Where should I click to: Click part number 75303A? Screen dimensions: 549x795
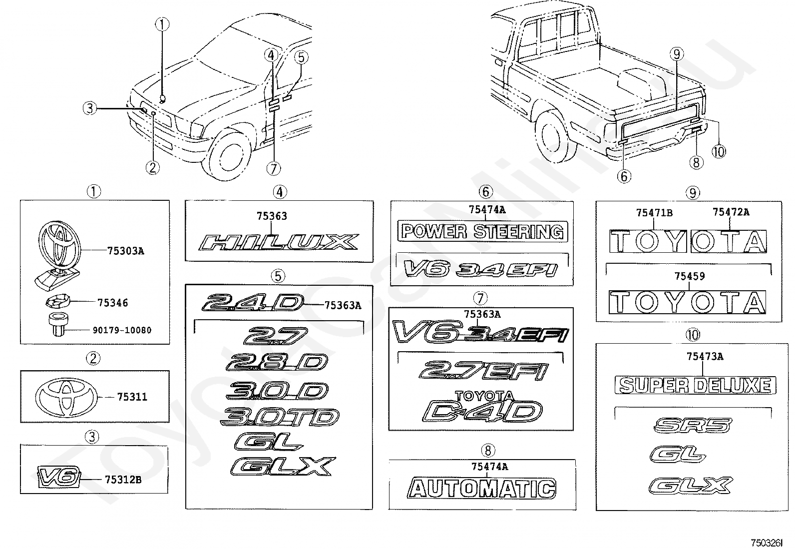(x=125, y=251)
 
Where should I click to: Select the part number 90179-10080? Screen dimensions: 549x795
(x=122, y=330)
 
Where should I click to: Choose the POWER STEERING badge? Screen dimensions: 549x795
(x=483, y=232)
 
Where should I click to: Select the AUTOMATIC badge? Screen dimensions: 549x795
(x=482, y=488)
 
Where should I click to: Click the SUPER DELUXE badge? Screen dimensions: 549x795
(x=695, y=385)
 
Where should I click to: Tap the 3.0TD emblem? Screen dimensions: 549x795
(x=280, y=417)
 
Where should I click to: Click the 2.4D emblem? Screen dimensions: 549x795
(x=252, y=303)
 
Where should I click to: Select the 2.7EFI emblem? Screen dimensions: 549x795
(x=483, y=372)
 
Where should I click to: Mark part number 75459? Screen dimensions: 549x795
(x=689, y=276)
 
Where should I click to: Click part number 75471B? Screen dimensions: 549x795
(x=654, y=212)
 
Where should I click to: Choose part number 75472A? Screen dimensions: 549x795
(x=731, y=212)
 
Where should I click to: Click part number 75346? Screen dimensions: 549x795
(x=112, y=303)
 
